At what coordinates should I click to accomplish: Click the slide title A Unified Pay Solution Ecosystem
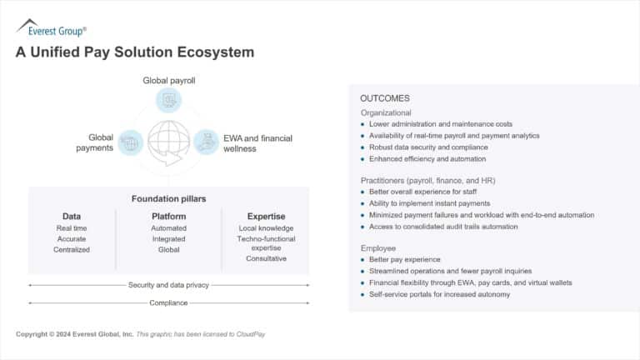click(x=134, y=52)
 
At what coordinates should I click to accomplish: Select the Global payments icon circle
click(x=130, y=142)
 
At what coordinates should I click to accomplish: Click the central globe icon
click(x=168, y=142)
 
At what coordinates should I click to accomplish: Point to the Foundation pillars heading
click(x=168, y=198)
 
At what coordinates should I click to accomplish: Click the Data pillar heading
click(x=72, y=216)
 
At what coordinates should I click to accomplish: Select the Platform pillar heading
click(x=168, y=216)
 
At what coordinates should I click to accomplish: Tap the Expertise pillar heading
click(x=266, y=216)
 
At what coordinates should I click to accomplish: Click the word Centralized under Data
click(x=72, y=249)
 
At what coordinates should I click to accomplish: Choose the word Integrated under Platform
click(x=168, y=238)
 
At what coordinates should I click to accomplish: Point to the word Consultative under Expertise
click(x=266, y=258)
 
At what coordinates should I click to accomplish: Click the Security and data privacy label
click(x=168, y=285)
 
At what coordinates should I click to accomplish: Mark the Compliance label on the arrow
click(x=168, y=302)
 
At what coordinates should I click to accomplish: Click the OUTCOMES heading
click(x=384, y=98)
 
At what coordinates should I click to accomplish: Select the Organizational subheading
click(x=386, y=112)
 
